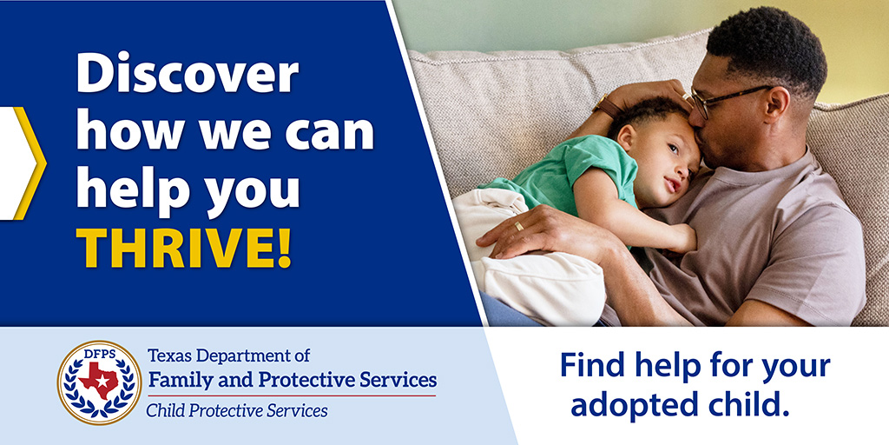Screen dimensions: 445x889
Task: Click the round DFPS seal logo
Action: pyautogui.click(x=99, y=382)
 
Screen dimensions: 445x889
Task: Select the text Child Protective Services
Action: pyautogui.click(x=236, y=409)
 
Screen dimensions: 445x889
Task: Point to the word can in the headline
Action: pyautogui.click(x=334, y=132)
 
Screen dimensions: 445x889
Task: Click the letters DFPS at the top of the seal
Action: pyautogui.click(x=99, y=353)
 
